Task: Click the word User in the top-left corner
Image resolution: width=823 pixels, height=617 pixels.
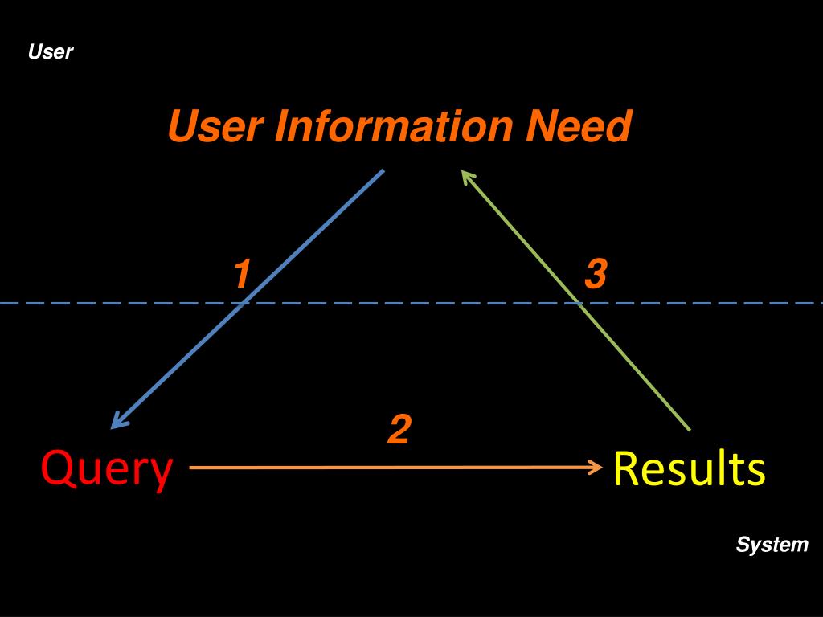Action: [50, 53]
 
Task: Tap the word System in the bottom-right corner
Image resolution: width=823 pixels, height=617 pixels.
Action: [772, 545]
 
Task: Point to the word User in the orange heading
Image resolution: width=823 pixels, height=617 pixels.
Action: [215, 127]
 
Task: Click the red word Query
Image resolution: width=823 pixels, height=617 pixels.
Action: [107, 469]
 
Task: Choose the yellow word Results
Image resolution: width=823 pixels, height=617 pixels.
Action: [689, 468]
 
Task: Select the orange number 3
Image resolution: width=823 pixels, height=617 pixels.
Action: [596, 275]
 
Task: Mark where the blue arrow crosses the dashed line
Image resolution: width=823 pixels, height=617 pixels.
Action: [243, 304]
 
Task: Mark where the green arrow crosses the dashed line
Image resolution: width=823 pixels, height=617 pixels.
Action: [579, 304]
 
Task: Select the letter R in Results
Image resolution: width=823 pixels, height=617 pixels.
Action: [626, 468]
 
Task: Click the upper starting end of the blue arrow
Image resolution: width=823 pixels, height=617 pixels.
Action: [383, 170]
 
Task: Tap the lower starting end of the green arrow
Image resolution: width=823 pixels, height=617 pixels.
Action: [689, 430]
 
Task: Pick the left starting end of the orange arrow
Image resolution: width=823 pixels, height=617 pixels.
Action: [191, 466]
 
